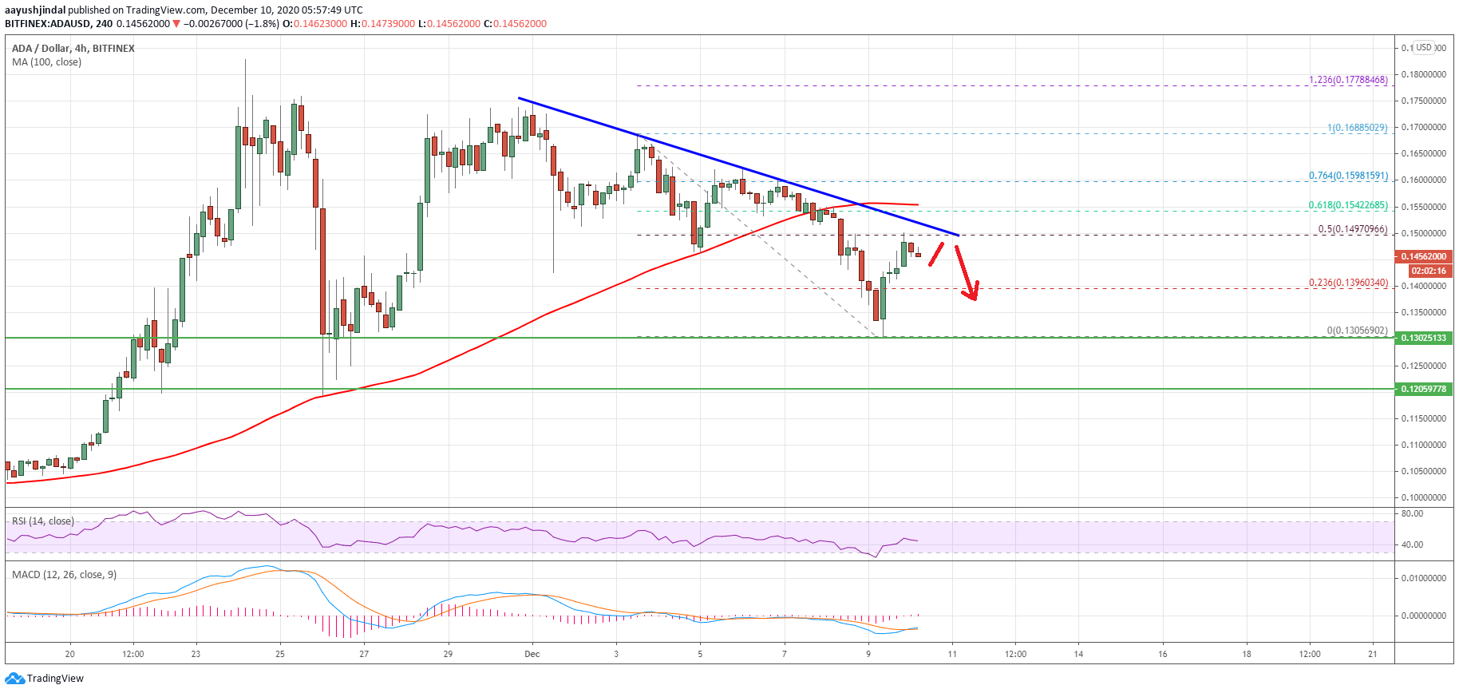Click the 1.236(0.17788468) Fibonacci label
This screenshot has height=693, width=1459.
1348,80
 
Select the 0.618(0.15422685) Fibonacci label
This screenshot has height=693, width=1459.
1348,205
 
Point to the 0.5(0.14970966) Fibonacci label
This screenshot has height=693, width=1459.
1352,229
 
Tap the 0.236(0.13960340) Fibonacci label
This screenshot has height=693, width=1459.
1348,283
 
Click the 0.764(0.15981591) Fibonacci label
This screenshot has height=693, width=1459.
1348,176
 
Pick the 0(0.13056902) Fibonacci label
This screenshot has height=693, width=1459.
1357,331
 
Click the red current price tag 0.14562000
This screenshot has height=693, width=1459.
1425,256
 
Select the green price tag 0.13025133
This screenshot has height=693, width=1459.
1425,338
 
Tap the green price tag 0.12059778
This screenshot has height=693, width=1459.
1425,389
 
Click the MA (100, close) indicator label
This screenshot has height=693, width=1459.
46,62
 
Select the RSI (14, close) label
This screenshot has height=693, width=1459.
43,521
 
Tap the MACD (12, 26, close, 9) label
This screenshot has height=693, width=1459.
64,575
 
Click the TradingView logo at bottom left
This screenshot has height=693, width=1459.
45,679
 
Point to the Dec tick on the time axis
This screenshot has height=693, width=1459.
532,654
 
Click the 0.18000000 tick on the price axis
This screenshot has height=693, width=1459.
1423,74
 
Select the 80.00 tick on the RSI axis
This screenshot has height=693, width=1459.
1412,513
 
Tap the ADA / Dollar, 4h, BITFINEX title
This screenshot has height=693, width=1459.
73,49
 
